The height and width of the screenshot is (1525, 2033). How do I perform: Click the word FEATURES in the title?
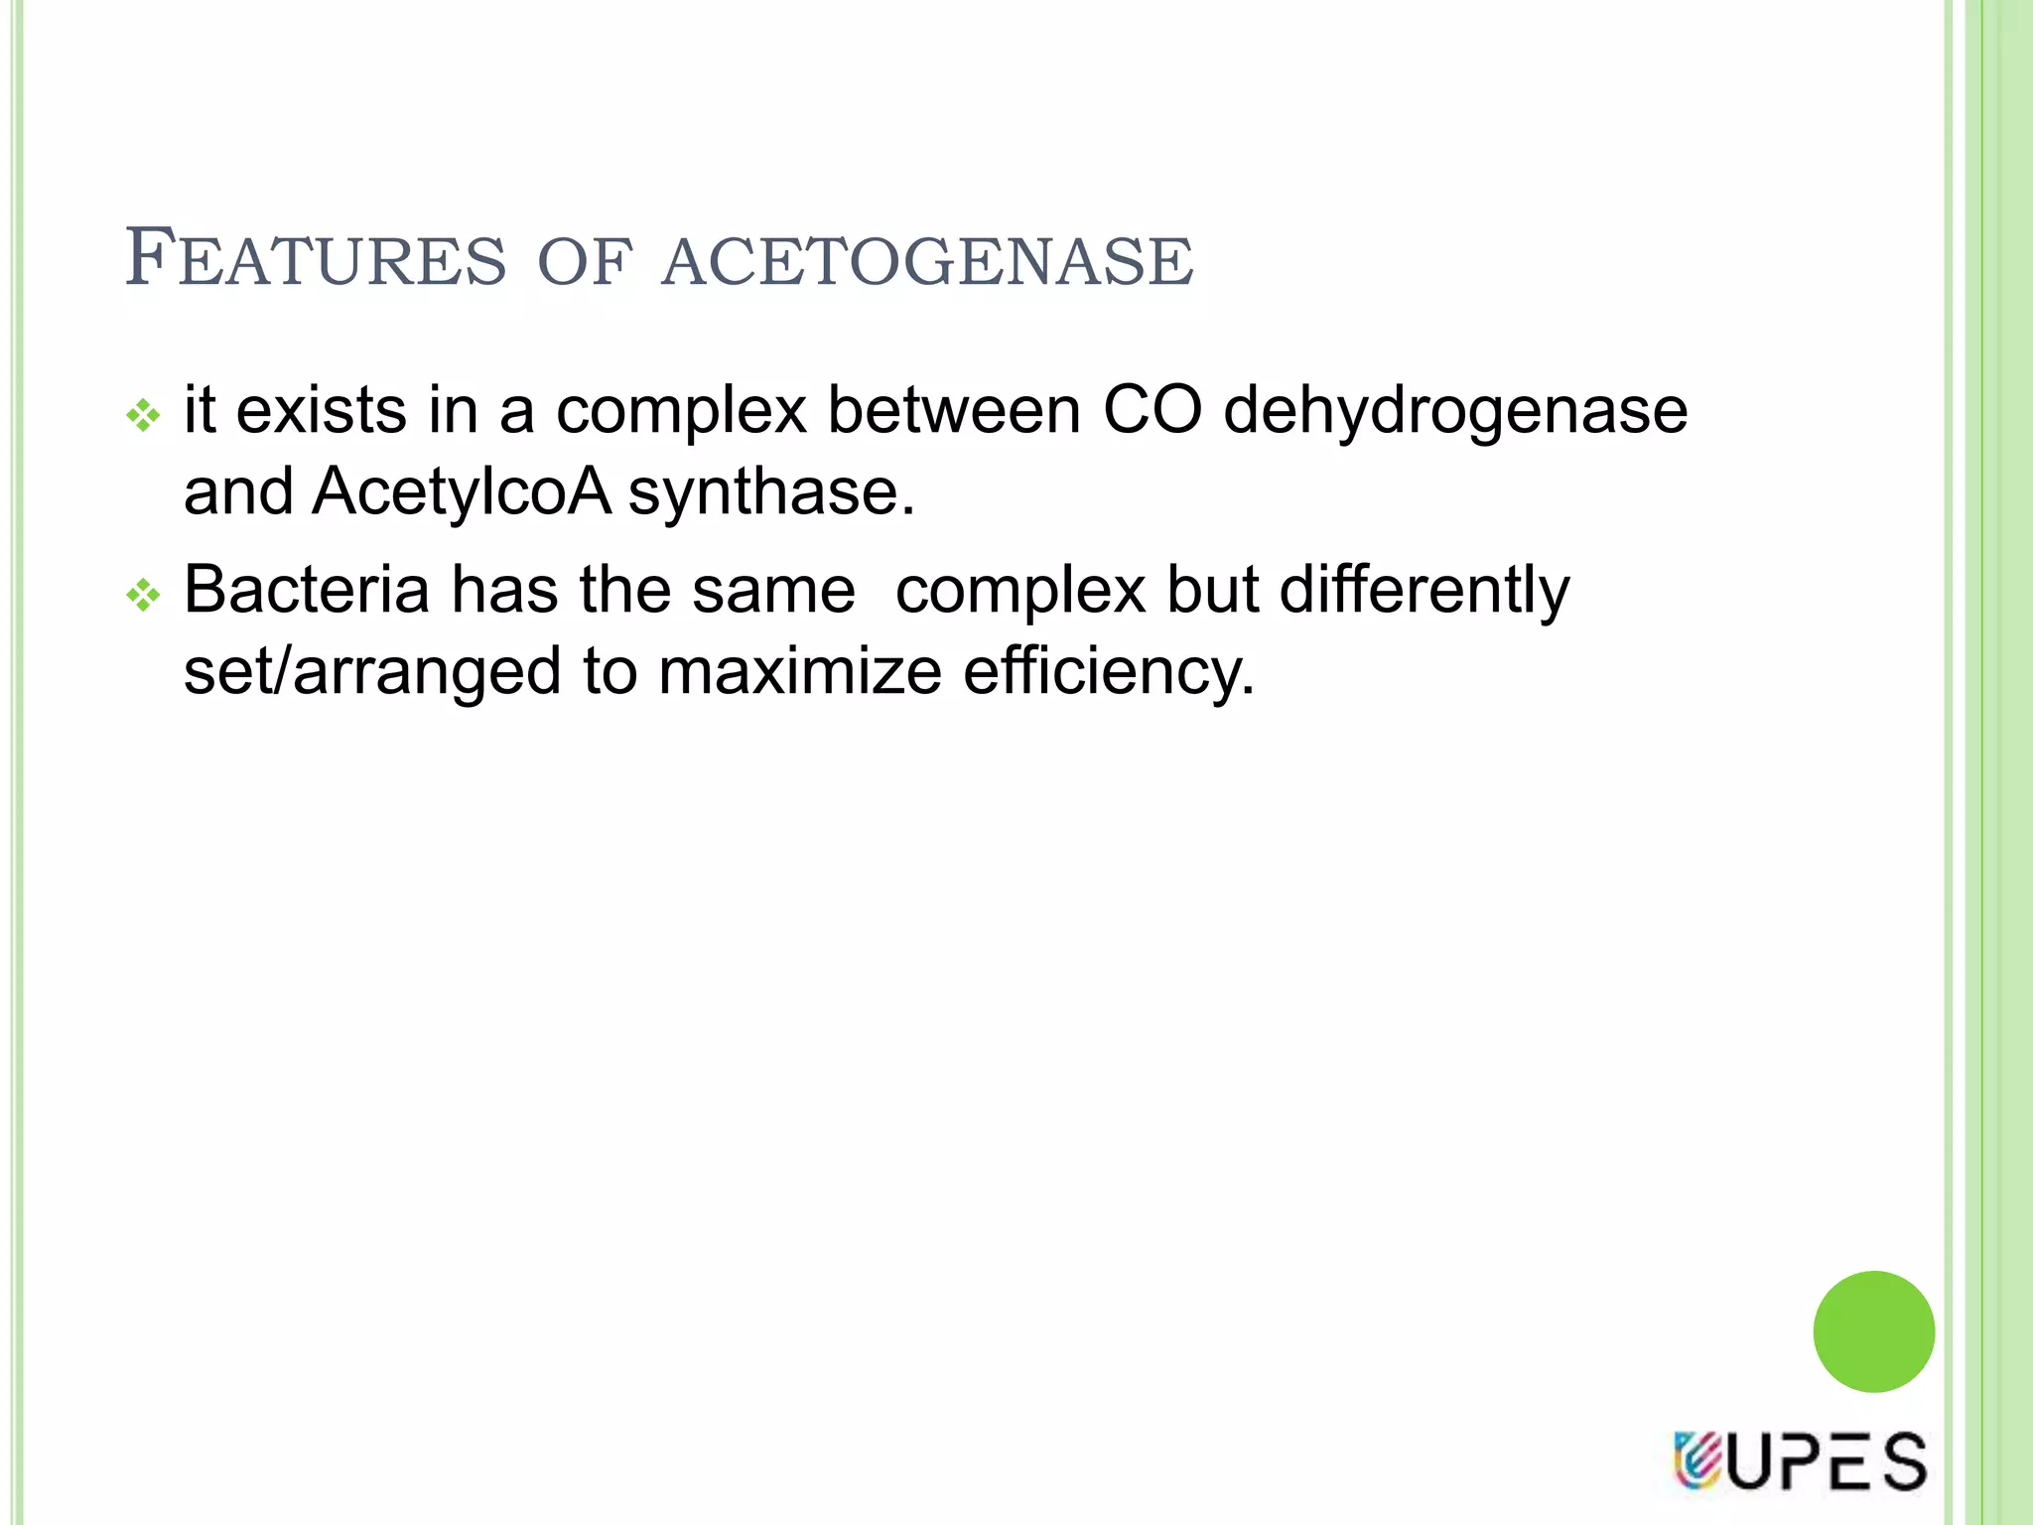click(x=315, y=259)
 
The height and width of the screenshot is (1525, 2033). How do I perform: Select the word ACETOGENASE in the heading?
click(x=927, y=261)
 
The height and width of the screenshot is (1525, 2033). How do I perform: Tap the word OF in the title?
click(x=584, y=261)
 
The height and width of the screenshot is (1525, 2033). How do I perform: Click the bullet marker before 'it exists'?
click(x=144, y=415)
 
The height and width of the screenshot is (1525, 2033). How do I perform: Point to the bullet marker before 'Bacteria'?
click(x=144, y=596)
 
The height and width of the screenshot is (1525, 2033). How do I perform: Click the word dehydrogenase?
click(x=1455, y=411)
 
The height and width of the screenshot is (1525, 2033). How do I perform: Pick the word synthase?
click(x=770, y=491)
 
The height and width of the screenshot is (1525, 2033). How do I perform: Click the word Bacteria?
click(x=307, y=590)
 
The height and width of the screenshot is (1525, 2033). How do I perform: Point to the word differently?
click(x=1423, y=592)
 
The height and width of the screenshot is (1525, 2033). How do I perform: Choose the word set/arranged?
click(x=372, y=672)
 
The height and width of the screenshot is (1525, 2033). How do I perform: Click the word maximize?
click(x=799, y=672)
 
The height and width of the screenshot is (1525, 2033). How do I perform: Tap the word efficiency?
click(x=1109, y=672)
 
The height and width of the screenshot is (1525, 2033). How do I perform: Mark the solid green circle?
click(x=1873, y=1331)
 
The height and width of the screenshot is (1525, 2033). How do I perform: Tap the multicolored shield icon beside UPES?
click(x=1696, y=1460)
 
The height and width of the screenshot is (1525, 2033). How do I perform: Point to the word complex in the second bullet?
click(x=1020, y=592)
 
